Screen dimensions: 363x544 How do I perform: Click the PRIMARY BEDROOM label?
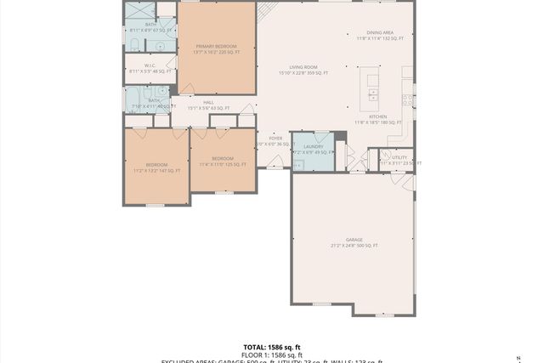click(216, 46)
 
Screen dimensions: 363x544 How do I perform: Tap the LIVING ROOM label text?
click(303, 66)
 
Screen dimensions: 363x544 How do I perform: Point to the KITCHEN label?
click(377, 116)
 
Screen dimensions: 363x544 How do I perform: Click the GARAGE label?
click(354, 240)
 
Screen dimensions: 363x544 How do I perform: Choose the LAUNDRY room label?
click(313, 146)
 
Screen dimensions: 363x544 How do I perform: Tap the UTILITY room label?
click(399, 156)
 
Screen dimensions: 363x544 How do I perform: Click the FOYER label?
click(275, 138)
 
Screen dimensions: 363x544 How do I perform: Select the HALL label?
click(208, 102)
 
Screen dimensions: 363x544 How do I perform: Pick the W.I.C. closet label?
click(150, 65)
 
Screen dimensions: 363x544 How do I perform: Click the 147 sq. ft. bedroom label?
click(156, 164)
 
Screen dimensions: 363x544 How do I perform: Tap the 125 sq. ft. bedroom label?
click(223, 159)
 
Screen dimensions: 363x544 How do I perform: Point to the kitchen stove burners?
click(409, 99)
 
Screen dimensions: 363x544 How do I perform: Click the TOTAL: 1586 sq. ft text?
click(271, 347)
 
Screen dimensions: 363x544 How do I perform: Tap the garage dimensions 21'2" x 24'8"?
click(354, 246)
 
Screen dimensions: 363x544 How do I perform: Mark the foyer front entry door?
click(275, 162)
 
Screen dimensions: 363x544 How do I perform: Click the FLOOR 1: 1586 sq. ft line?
click(271, 354)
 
